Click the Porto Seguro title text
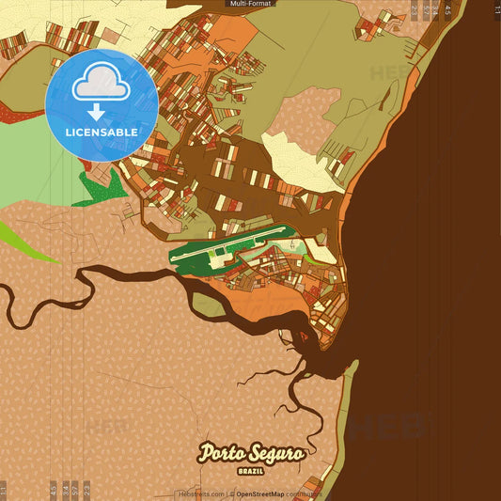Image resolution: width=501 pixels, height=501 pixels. [250, 453]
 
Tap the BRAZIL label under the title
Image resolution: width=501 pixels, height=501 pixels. [250, 468]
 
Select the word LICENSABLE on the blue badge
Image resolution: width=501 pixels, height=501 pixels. [101, 133]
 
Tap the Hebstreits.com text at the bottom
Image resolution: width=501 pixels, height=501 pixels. [200, 493]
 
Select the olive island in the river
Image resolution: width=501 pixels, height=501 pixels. [208, 303]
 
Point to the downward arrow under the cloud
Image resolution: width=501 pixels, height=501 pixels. [96, 110]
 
